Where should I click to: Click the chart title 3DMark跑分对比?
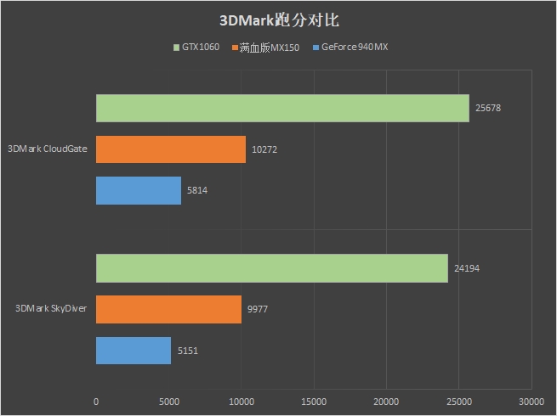pyautogui.click(x=278, y=20)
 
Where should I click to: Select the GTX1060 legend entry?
pyautogui.click(x=196, y=48)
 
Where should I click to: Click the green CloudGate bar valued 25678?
pyautogui.click(x=282, y=108)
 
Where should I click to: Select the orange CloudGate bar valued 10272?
pyautogui.click(x=171, y=149)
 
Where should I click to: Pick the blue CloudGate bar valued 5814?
pyautogui.click(x=139, y=190)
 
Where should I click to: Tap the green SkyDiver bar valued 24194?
pyautogui.click(x=272, y=268)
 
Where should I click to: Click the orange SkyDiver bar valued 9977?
pyautogui.click(x=168, y=309)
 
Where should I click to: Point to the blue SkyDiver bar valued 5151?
pyautogui.click(x=134, y=351)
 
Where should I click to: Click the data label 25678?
pyautogui.click(x=490, y=109)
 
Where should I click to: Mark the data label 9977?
pyautogui.click(x=258, y=310)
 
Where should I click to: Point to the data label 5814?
pyautogui.click(x=196, y=191)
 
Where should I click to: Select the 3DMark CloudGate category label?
pyautogui.click(x=48, y=149)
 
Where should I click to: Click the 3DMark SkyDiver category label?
pyautogui.click(x=51, y=309)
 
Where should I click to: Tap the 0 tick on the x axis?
pyautogui.click(x=96, y=401)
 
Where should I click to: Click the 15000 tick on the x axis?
pyautogui.click(x=314, y=401)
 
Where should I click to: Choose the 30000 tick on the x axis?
pyautogui.click(x=531, y=401)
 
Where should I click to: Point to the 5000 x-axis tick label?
pyautogui.click(x=168, y=401)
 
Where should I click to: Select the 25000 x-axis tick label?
pyautogui.click(x=459, y=401)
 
